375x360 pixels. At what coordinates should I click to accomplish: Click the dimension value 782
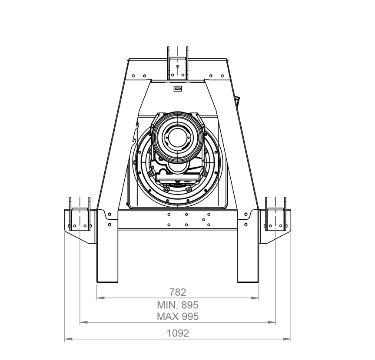(178, 292)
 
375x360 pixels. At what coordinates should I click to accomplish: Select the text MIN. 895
(178, 305)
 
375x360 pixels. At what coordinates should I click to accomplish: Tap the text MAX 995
(178, 317)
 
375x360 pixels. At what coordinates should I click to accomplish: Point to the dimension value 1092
(178, 333)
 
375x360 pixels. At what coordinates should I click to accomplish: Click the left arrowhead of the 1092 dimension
(68, 339)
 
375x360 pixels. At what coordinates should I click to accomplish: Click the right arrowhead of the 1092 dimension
(287, 339)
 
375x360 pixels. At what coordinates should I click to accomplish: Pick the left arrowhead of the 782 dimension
(100, 298)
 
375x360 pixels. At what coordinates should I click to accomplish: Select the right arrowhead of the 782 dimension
(255, 298)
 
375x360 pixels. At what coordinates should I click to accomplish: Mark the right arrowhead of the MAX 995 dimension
(272, 322)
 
